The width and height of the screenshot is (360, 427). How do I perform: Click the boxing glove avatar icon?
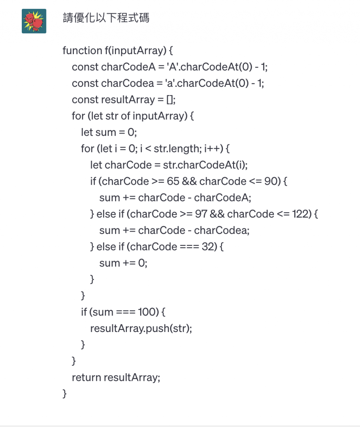34,21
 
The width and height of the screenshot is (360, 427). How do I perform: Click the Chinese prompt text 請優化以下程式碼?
106,18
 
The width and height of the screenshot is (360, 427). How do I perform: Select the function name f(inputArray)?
135,51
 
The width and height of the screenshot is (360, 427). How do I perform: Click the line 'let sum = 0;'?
109,133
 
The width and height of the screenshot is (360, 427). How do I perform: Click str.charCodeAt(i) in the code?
205,165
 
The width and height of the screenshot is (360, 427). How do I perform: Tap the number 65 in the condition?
173,181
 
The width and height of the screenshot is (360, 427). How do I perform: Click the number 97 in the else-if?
201,214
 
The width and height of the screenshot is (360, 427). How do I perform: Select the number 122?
300,214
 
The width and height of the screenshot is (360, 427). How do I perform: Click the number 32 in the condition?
208,247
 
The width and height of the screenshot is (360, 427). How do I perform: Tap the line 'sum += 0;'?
123,263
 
